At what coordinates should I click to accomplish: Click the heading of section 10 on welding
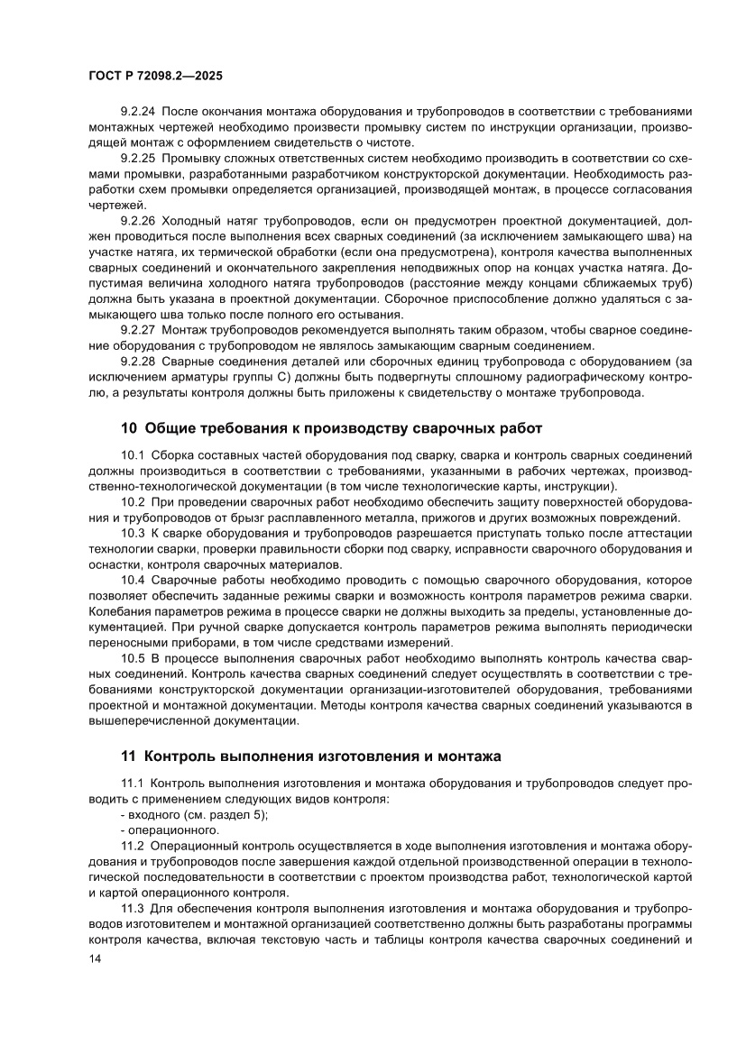point(331,427)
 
